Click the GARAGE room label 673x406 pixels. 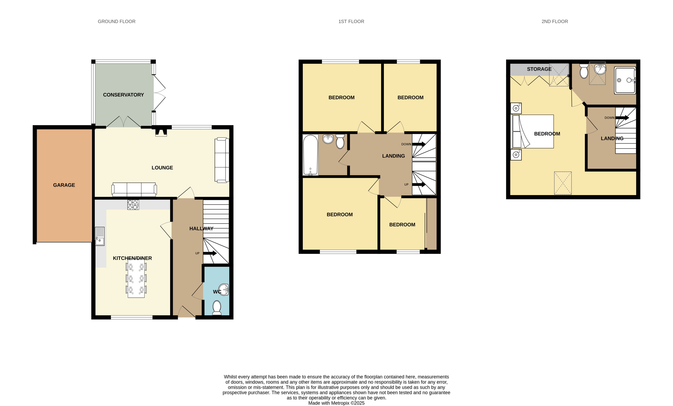(x=64, y=185)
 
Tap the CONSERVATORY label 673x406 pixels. (x=123, y=95)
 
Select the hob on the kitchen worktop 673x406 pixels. (x=133, y=205)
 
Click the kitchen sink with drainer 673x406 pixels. (x=100, y=236)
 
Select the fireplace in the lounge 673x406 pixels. (x=161, y=132)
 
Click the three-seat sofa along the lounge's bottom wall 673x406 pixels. (x=134, y=189)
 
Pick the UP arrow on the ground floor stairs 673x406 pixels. (x=210, y=253)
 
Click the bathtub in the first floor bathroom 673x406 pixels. (x=311, y=155)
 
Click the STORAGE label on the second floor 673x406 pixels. (x=539, y=69)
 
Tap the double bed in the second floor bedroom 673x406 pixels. (x=533, y=131)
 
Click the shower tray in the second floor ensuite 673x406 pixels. (x=625, y=80)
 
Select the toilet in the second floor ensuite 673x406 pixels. (x=584, y=71)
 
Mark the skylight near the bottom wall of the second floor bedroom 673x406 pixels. (x=563, y=183)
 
